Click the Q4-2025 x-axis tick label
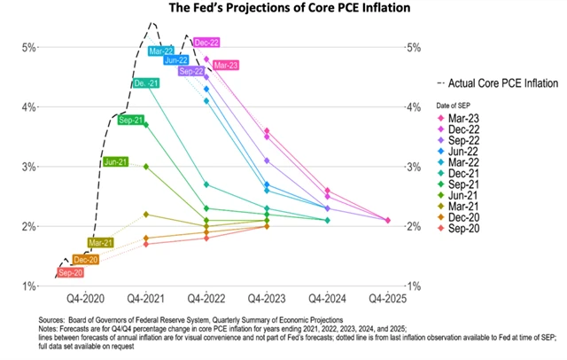[x=388, y=299]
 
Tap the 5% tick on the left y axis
[x=27, y=47]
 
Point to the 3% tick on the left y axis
[x=27, y=167]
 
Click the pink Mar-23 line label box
[x=225, y=65]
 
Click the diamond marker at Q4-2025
[x=388, y=220]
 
